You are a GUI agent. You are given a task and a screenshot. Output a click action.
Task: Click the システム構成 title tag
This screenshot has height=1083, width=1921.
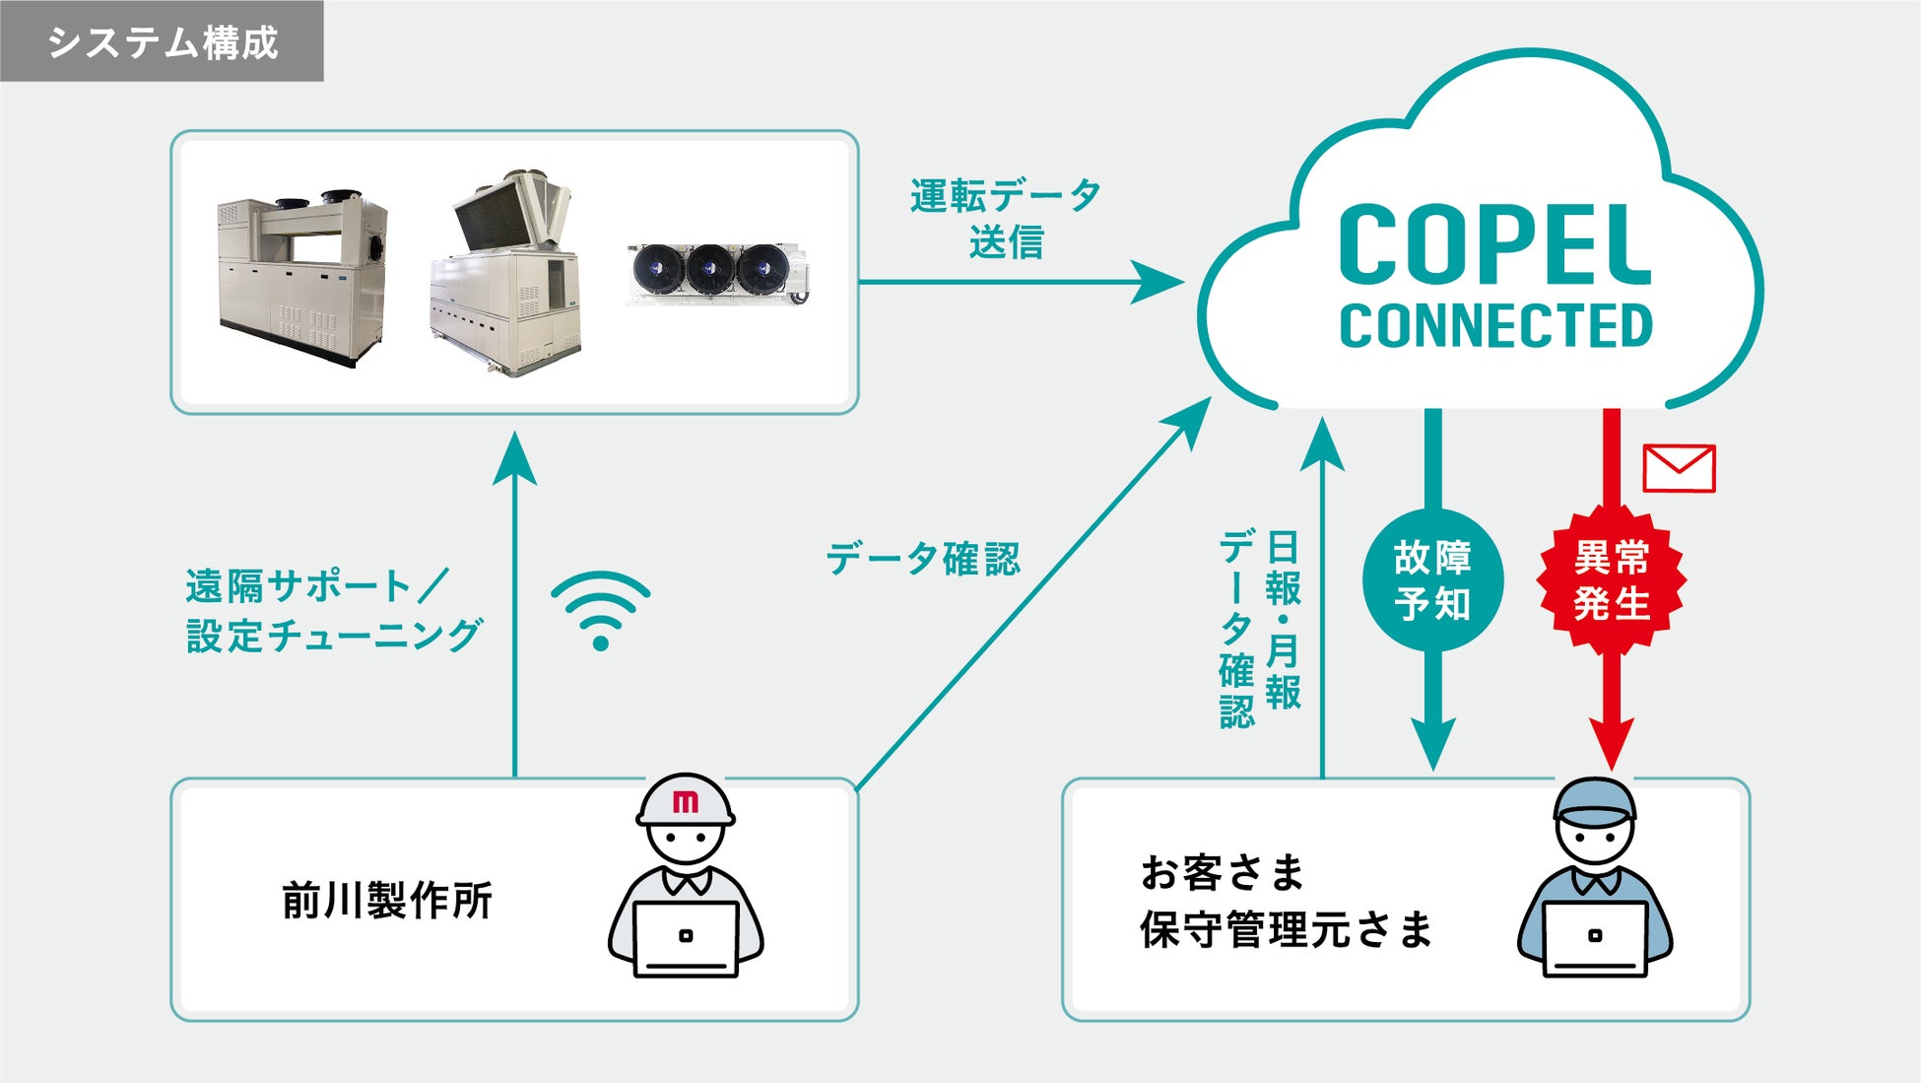coord(163,41)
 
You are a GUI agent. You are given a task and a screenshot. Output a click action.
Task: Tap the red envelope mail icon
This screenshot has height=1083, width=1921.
coord(1679,468)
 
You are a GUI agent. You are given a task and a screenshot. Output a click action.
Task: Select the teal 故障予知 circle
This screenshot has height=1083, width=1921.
coord(1432,580)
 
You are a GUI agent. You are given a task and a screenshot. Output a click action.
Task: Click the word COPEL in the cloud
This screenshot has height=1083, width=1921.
coord(1494,246)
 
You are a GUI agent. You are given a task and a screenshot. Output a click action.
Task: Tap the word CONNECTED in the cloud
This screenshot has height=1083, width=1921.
coord(1494,326)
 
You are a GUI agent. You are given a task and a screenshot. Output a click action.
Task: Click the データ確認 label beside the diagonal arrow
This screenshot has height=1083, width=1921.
coord(922,559)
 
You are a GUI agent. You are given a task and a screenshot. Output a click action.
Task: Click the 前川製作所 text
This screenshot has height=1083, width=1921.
coord(386,901)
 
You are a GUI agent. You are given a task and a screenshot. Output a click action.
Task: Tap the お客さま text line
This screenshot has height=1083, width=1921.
coord(1222,872)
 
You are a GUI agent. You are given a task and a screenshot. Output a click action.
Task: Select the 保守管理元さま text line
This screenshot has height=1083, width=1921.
coord(1286,929)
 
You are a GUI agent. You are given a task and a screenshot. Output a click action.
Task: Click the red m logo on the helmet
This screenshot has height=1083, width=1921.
coord(685,802)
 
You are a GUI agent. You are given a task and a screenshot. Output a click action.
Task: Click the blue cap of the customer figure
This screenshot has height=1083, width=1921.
coord(1594,800)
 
